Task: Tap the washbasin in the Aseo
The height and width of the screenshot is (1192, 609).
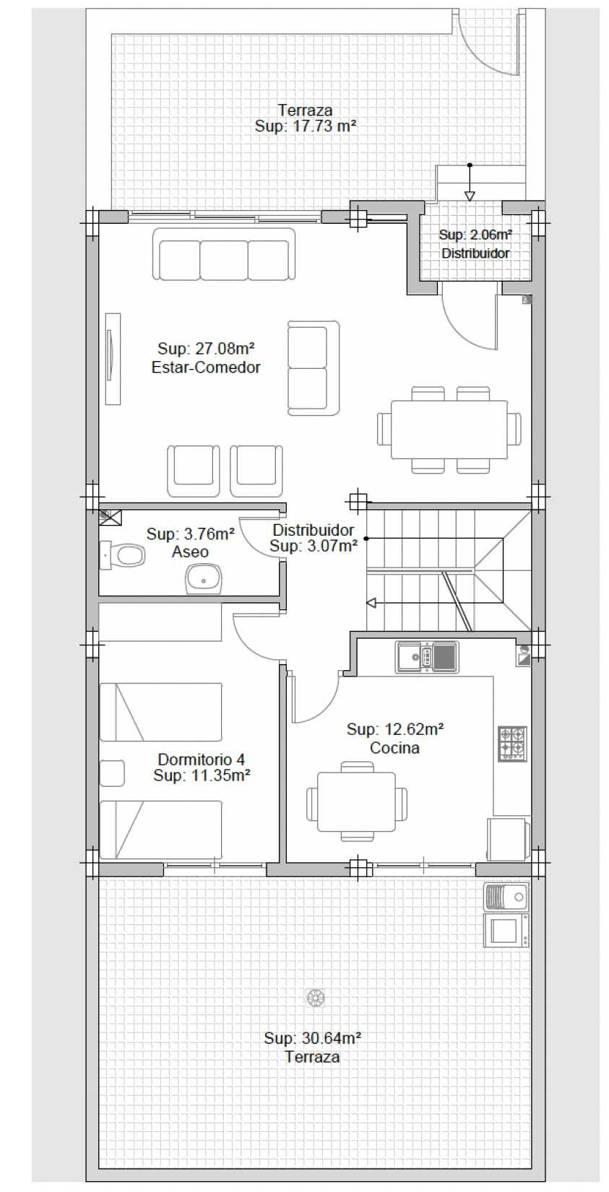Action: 203,579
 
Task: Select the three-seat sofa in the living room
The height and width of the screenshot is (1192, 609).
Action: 223,255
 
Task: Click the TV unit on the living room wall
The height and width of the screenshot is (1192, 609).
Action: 112,359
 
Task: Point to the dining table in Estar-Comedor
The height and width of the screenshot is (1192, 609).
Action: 449,429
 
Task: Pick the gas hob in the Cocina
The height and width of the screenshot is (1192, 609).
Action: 512,744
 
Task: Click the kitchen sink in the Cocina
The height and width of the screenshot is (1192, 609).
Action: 426,657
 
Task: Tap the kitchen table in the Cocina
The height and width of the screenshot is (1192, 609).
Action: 356,801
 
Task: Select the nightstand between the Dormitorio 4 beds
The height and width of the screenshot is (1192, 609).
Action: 112,773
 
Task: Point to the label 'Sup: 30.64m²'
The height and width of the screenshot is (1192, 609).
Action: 313,1037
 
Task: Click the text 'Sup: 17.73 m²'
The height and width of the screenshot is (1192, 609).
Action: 305,126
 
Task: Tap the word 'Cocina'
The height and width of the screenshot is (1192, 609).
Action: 394,748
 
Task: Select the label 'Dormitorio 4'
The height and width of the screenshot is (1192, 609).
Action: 202,760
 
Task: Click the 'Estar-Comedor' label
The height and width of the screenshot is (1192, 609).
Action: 206,367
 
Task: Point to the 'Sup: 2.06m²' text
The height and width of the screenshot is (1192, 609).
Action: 475,234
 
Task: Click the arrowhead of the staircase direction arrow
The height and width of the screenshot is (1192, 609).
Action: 371,603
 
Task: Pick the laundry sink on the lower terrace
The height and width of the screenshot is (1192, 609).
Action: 506,897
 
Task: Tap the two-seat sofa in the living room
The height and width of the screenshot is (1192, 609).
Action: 313,367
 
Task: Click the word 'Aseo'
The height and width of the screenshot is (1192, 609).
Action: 190,552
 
